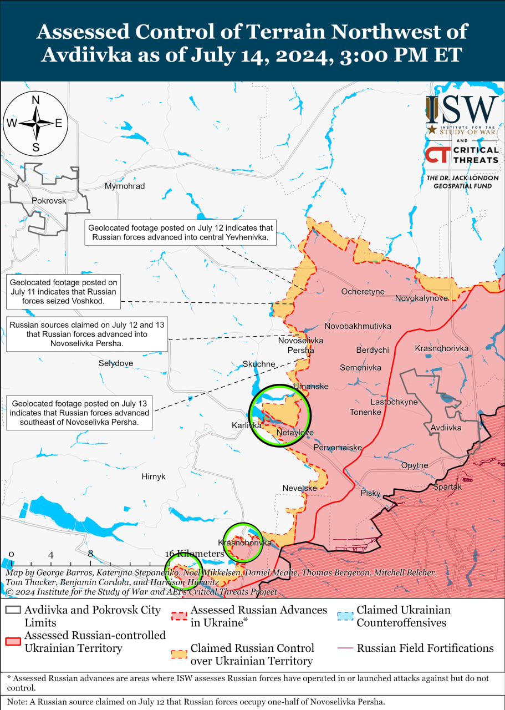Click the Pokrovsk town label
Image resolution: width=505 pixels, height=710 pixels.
tap(49, 201)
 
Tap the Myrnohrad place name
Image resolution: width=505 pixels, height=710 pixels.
tap(125, 186)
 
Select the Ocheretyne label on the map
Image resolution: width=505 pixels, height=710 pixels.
tap(363, 291)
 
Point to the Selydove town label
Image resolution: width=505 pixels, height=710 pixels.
tap(116, 363)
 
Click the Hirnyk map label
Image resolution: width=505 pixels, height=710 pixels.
tap(154, 476)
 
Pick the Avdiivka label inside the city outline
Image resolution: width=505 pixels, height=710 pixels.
tap(446, 428)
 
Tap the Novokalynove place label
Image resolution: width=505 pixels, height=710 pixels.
tap(421, 298)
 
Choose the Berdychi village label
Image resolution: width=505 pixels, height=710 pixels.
tap(373, 350)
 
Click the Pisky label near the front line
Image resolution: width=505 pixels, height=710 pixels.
tap(370, 493)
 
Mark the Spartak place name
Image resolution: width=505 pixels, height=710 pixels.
tap(447, 487)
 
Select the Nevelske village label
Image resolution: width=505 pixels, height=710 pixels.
tap(299, 488)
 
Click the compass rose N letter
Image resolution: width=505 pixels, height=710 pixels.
tap(36, 100)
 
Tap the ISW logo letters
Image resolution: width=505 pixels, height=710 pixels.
tap(462, 110)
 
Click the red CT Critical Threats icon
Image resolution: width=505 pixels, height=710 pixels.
tap(437, 155)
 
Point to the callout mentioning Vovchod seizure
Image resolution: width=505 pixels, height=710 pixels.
tap(63, 292)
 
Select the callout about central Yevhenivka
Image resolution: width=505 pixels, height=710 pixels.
tap(181, 232)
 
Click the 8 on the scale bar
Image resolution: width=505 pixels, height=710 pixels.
tap(90, 554)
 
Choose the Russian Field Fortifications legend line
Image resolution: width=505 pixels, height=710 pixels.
tap(345, 648)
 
